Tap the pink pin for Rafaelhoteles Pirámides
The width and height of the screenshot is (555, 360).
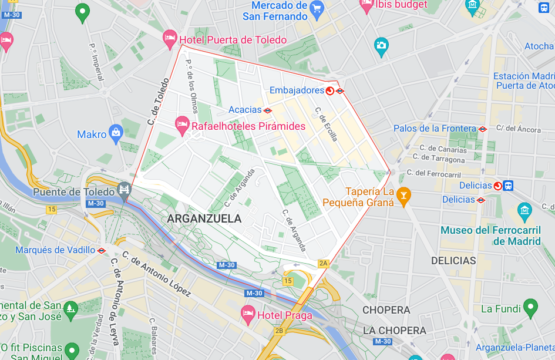click(182, 125)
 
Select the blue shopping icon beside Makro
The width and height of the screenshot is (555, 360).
click(116, 132)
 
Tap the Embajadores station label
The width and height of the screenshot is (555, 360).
click(288, 89)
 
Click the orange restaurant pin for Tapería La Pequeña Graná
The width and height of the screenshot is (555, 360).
click(404, 195)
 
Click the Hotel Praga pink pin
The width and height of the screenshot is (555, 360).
click(248, 314)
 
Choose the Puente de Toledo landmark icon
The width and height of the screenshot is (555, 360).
click(124, 188)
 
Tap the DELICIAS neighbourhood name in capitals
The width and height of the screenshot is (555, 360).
click(454, 260)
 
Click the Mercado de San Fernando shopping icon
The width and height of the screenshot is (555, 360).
click(317, 11)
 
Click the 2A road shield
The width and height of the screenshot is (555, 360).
click(322, 263)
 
